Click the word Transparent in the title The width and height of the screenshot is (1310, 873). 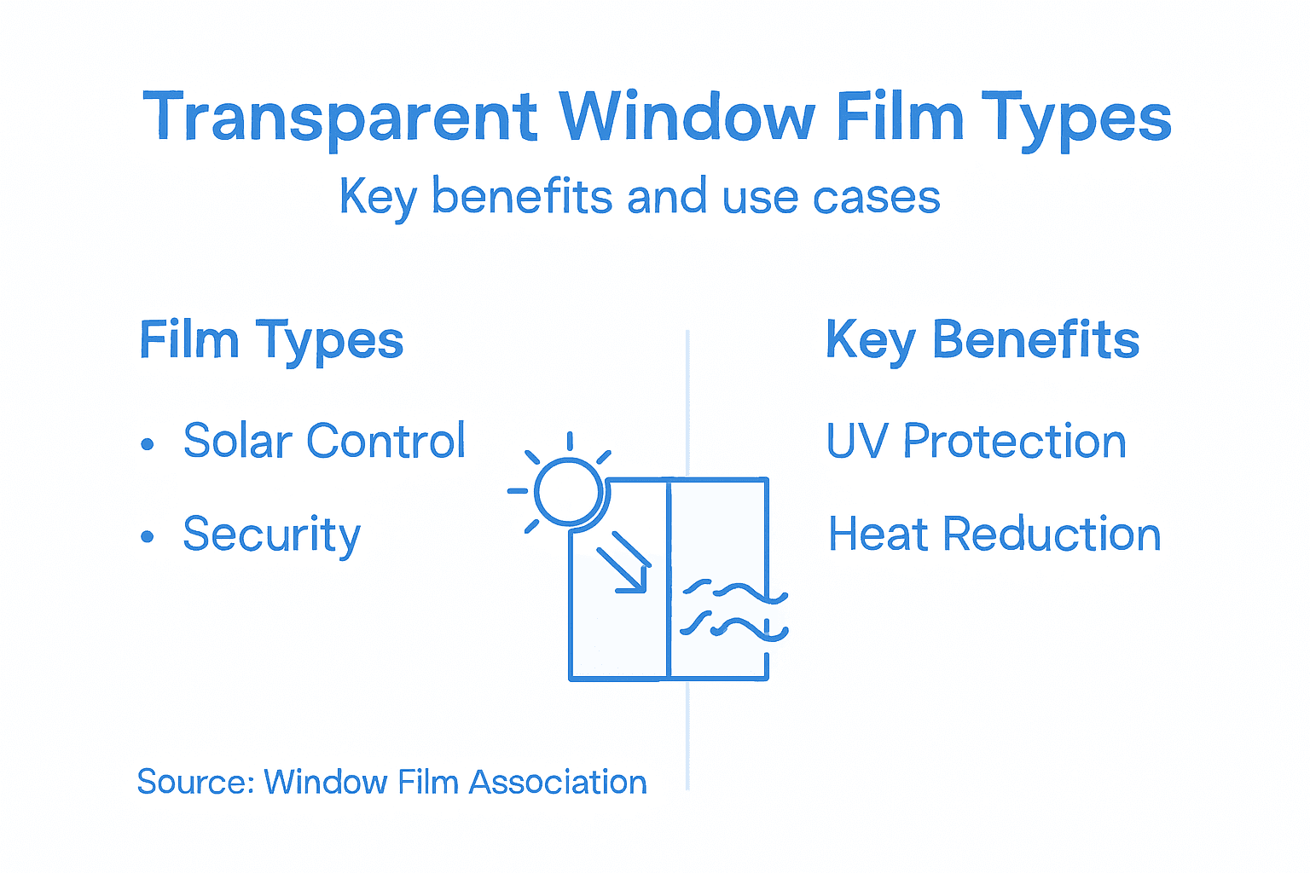pos(339,118)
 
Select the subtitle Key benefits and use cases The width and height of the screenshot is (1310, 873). pos(640,197)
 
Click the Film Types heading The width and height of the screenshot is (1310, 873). pos(271,341)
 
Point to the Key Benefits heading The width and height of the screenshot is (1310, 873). pos(982,341)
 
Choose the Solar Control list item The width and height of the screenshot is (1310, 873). pos(324,441)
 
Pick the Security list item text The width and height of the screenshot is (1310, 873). pos(271,535)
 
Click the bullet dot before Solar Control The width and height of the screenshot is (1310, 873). pos(148,444)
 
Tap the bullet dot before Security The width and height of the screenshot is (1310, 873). pos(148,537)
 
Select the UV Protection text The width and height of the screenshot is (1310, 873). pos(977,442)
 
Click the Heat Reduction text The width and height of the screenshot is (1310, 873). pos(994,535)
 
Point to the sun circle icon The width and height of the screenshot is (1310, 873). pos(569,491)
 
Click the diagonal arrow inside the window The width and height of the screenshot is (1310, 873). pos(623,563)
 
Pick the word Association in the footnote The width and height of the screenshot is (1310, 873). pos(558,782)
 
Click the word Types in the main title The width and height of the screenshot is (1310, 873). pos(1076,118)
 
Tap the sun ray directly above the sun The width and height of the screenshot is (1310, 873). pos(569,441)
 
